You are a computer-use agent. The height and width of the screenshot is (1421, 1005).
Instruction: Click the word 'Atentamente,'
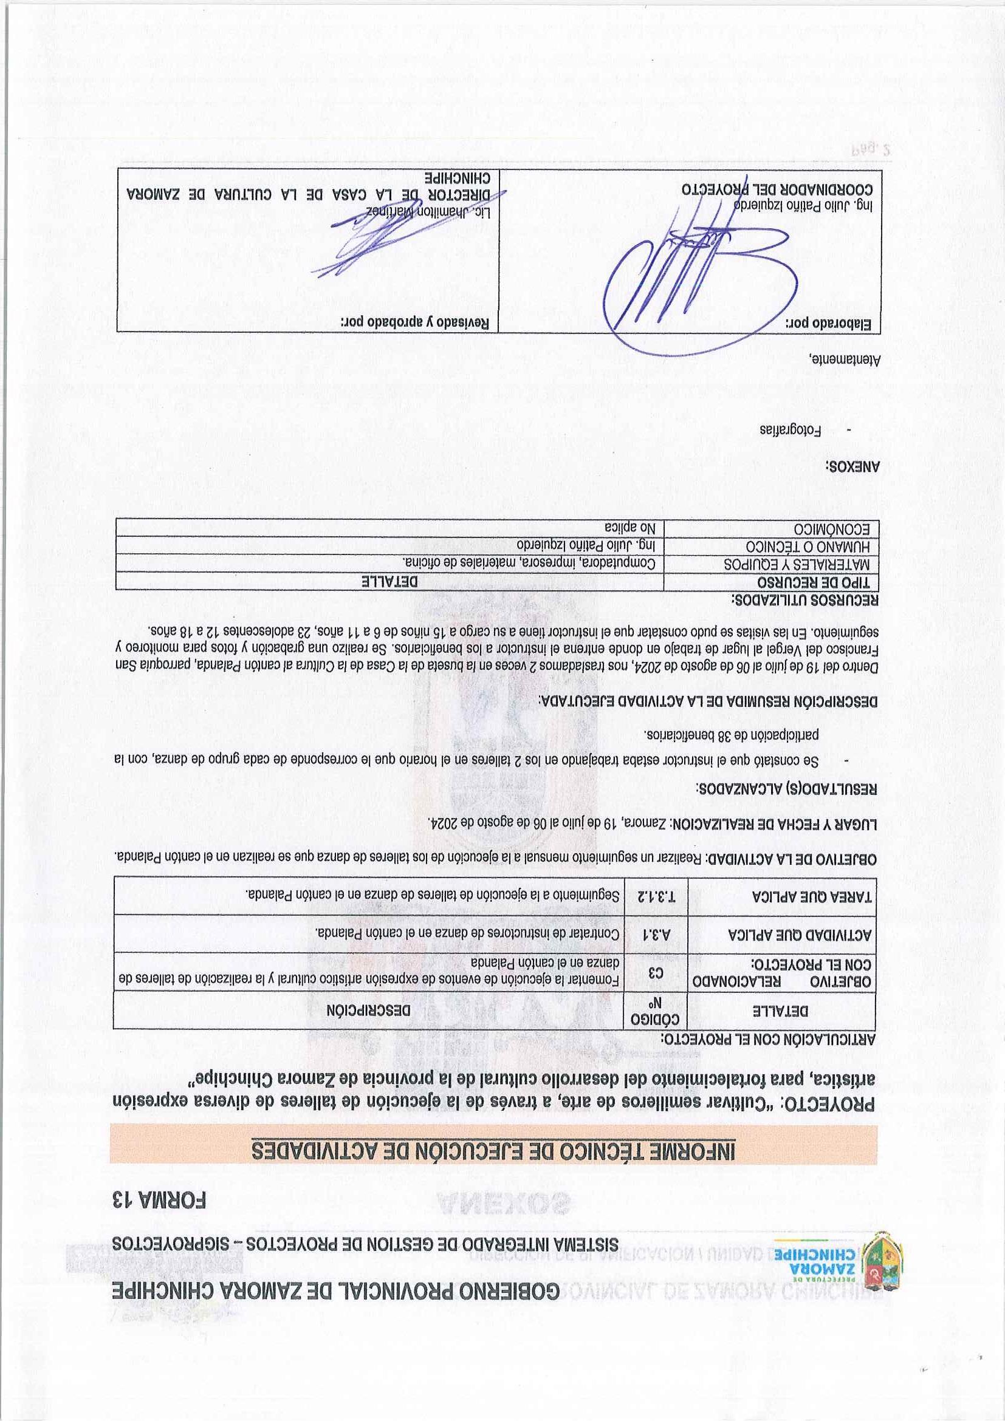coord(844,359)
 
